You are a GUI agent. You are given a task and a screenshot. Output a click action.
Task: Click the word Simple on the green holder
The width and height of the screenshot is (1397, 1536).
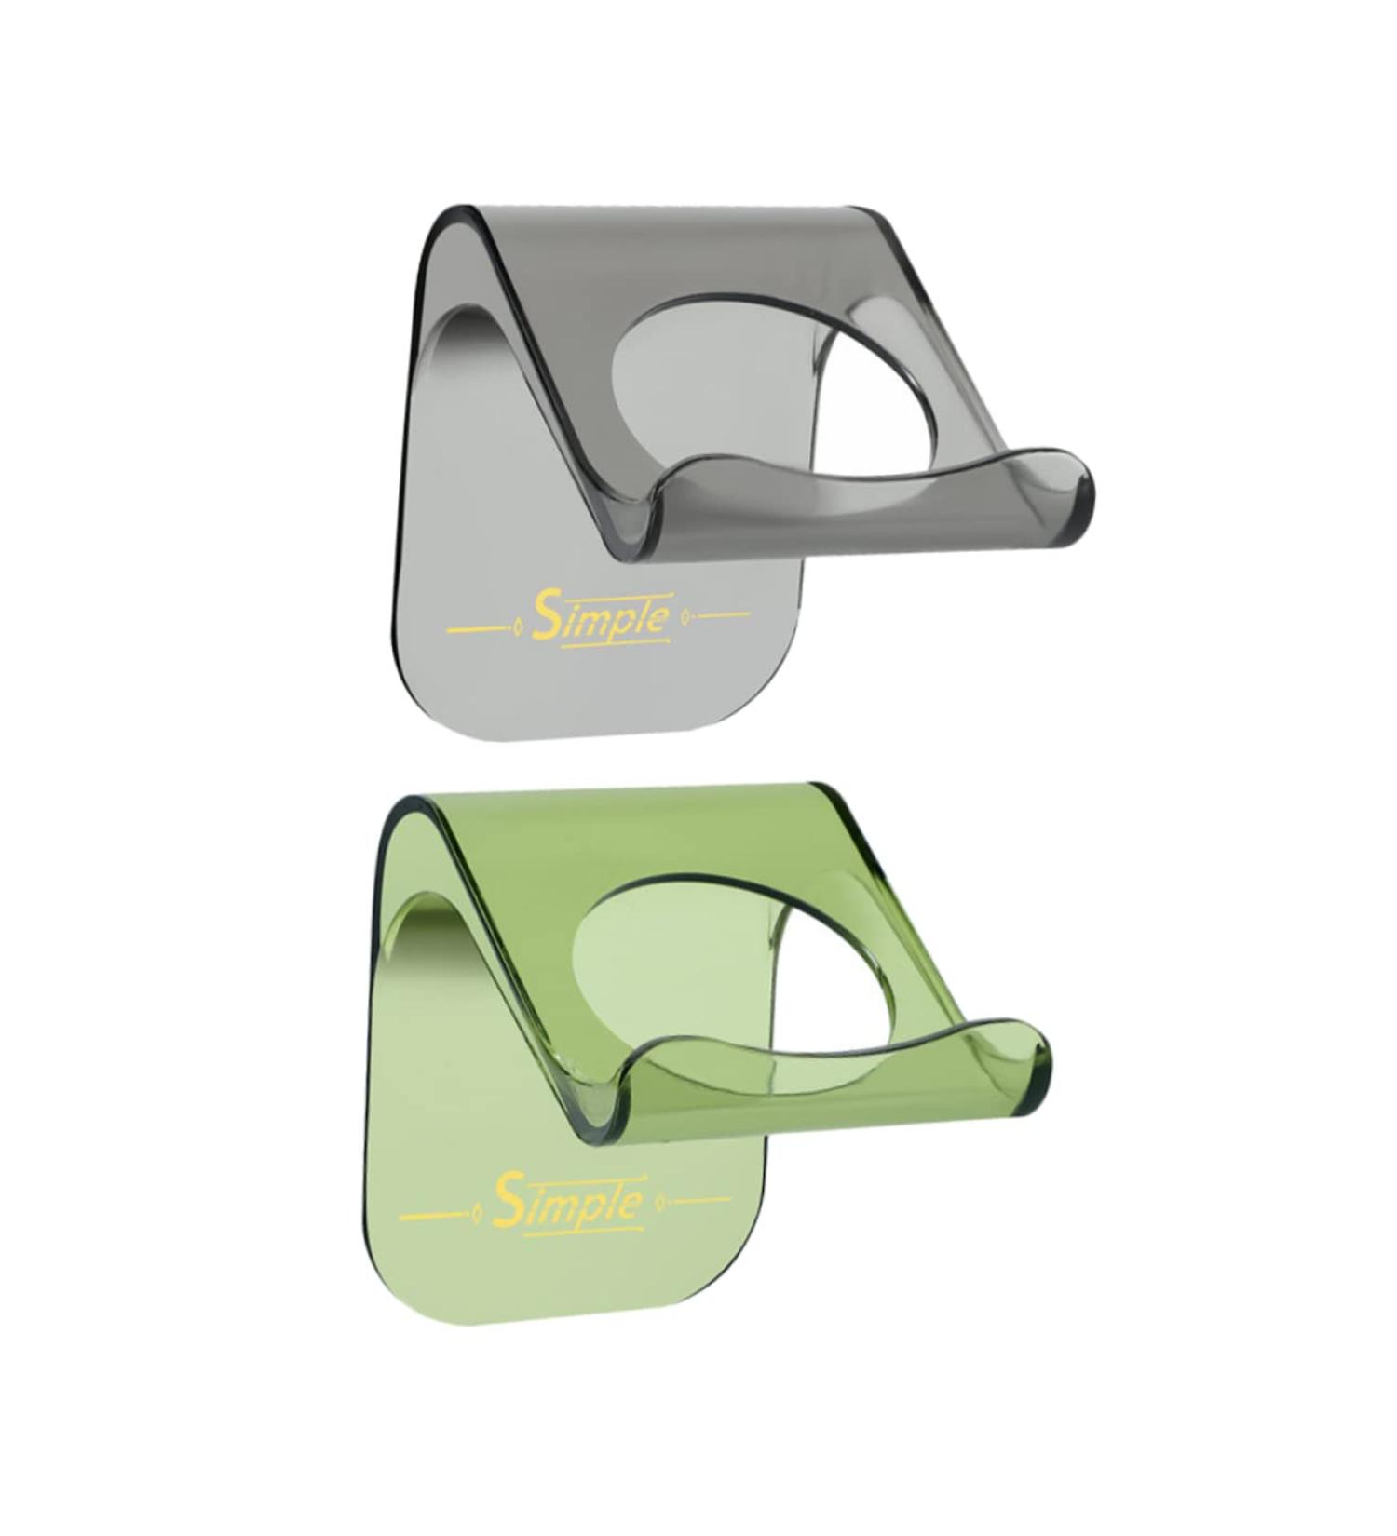pos(569,1202)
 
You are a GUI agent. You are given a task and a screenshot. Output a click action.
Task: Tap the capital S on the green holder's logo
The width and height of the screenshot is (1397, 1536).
pos(510,1201)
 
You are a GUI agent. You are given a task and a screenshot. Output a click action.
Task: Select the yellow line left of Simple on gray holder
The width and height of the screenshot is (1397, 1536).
pos(480,629)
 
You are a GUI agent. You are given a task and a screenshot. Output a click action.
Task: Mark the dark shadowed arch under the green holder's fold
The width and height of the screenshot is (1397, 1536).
pos(428,931)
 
